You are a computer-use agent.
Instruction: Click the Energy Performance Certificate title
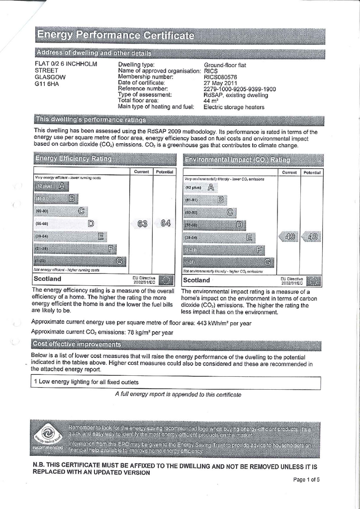115,35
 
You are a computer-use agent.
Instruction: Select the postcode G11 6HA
47,84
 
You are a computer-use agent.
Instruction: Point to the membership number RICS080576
220,77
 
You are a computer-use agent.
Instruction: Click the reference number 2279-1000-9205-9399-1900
240,89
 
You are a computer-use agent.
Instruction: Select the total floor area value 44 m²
212,101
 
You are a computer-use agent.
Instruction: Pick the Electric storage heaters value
234,107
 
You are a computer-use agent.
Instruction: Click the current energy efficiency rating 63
143,223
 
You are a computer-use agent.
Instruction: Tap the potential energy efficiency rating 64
166,223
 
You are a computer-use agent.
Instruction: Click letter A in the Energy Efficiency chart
62,186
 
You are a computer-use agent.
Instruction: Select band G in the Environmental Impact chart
268,262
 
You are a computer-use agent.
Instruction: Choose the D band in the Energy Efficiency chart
91,223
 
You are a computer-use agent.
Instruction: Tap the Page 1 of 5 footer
306,480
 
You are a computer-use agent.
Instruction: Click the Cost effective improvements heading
77,344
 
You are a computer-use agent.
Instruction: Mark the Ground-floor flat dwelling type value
225,65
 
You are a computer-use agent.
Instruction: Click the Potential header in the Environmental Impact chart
312,172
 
